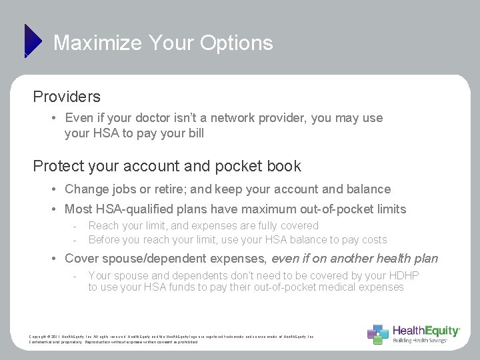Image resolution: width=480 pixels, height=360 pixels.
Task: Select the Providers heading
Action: point(67,97)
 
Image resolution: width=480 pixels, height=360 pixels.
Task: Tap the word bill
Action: point(195,133)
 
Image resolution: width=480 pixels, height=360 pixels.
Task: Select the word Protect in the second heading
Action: point(56,166)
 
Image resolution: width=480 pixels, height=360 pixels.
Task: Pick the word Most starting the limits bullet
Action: point(78,209)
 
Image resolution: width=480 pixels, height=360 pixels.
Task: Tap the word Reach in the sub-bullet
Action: point(103,226)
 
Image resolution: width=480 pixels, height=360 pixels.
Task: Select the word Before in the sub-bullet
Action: point(105,240)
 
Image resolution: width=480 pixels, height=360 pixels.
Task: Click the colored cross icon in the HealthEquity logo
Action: point(377,333)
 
